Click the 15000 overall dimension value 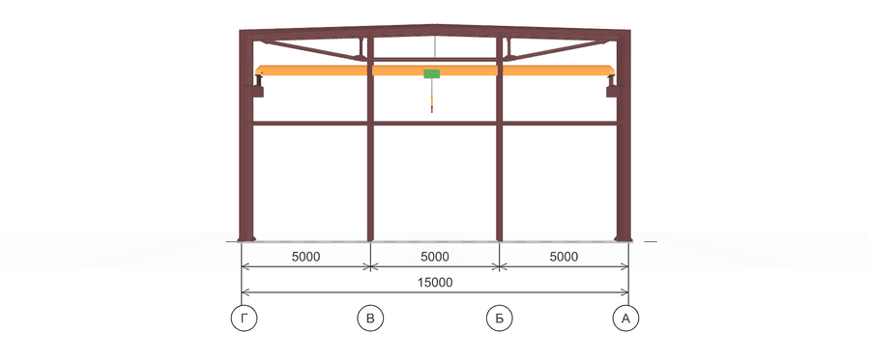[435, 283]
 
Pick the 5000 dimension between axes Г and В [305, 257]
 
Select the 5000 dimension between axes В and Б [435, 257]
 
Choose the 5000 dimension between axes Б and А [564, 257]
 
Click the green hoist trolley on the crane [432, 73]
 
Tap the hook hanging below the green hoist [432, 103]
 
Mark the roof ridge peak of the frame [434, 25]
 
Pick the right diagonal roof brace [558, 49]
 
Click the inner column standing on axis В [370, 139]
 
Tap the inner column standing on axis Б [500, 139]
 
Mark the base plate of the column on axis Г [246, 239]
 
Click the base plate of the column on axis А [623, 239]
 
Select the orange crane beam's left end [257, 70]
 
